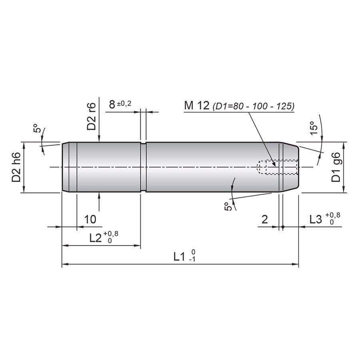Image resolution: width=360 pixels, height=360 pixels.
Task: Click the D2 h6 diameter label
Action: coord(16,167)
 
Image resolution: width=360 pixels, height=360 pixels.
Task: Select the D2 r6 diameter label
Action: coord(91,116)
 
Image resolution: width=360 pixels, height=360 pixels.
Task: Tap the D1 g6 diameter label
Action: coord(336,167)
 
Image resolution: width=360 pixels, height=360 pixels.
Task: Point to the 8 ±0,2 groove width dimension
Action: coord(120,104)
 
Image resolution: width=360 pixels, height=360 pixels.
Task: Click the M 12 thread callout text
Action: coord(197,106)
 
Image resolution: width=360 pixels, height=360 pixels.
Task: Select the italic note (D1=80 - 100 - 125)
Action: coord(254,106)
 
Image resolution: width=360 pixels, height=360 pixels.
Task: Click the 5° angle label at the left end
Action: coord(37,128)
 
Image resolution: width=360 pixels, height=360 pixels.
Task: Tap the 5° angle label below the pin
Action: coord(227,206)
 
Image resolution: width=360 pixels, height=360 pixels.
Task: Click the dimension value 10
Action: coord(90,220)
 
